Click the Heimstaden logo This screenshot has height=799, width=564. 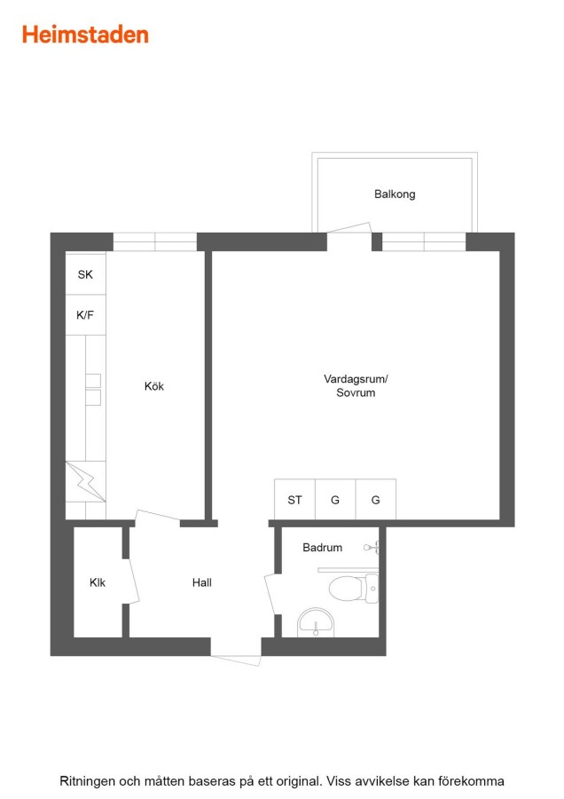[85, 35]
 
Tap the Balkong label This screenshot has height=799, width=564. [395, 194]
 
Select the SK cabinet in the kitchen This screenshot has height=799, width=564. [85, 273]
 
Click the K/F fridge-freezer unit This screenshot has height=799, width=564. [85, 315]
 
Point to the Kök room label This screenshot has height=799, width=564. [153, 386]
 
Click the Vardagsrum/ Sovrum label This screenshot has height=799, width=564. [356, 386]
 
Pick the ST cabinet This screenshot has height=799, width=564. [294, 499]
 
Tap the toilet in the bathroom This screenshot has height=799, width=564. [353, 588]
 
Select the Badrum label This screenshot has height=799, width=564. [322, 547]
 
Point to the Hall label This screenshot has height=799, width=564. [201, 582]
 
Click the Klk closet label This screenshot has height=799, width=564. [98, 582]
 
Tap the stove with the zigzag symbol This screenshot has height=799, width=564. [85, 481]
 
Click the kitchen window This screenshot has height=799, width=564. [154, 241]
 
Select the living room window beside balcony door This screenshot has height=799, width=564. [424, 241]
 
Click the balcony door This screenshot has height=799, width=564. [349, 228]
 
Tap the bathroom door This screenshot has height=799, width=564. [272, 595]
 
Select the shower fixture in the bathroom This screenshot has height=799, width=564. [372, 549]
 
